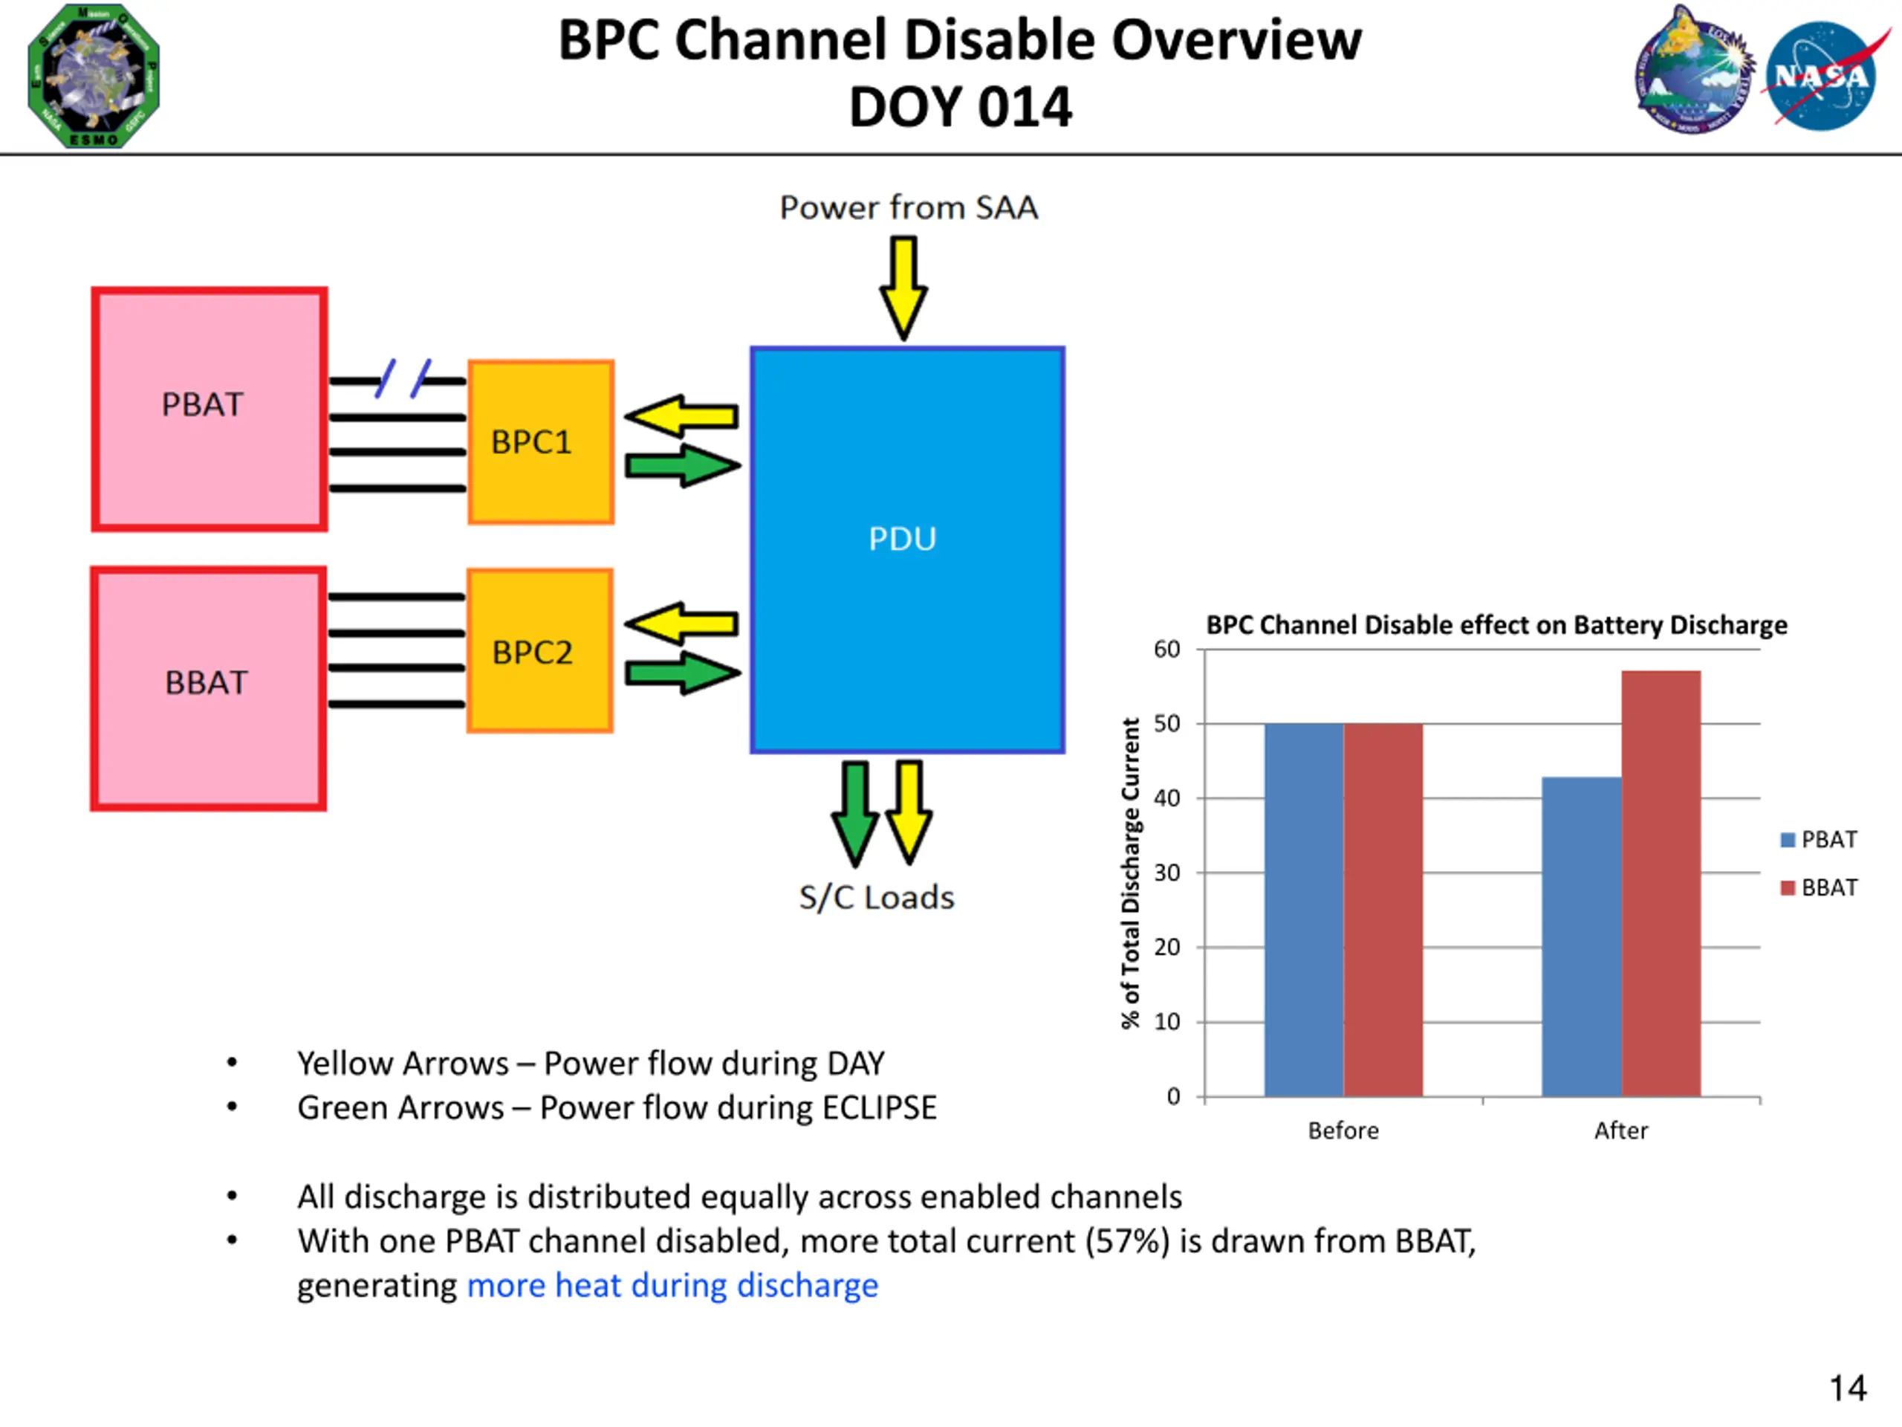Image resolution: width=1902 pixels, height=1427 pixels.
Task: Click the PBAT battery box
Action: [x=209, y=409]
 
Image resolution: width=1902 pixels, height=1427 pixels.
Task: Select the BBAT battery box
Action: [x=208, y=688]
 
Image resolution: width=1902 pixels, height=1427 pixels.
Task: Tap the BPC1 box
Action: [x=540, y=442]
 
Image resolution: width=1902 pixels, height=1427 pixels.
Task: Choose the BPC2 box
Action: [x=539, y=651]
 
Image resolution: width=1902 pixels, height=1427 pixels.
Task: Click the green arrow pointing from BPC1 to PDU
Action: [x=682, y=465]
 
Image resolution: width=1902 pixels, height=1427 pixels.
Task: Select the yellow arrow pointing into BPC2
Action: [x=681, y=623]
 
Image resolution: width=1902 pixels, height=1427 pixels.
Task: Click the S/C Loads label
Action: [x=876, y=898]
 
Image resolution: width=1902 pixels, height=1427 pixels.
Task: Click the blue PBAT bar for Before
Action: [x=1304, y=909]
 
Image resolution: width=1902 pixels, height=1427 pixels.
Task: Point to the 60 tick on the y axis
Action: [x=1166, y=650]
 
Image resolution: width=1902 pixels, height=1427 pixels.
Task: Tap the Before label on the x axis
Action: [x=1343, y=1130]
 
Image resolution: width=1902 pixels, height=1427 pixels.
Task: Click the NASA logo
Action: [x=1821, y=76]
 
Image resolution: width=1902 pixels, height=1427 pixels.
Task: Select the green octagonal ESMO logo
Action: [x=94, y=76]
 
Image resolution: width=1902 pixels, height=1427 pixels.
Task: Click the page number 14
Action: [x=1847, y=1388]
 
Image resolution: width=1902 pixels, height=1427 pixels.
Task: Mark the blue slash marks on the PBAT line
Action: [x=403, y=378]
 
